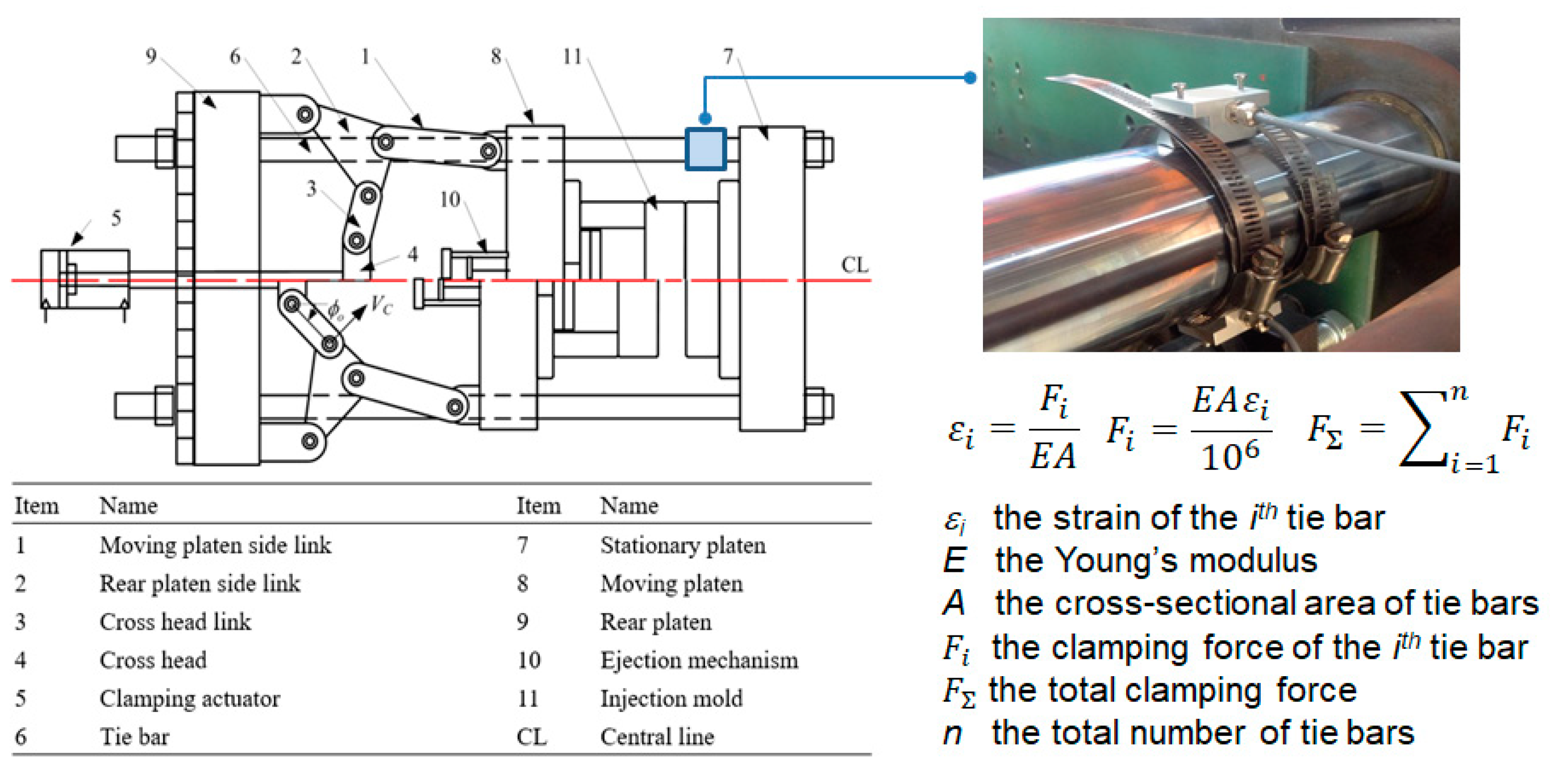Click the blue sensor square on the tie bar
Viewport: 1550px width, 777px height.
[705, 149]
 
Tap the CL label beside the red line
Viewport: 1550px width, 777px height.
[854, 265]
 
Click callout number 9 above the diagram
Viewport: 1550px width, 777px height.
[151, 56]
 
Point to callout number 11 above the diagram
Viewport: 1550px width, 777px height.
[571, 57]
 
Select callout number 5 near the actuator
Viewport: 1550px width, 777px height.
[116, 218]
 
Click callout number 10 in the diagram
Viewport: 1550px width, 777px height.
[449, 200]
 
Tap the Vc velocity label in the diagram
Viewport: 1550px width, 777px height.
[381, 305]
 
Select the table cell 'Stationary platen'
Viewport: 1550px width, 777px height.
[683, 545]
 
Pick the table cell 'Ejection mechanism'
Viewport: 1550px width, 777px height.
[699, 660]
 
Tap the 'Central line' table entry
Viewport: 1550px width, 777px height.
[657, 737]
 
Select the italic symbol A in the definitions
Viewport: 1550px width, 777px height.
[954, 603]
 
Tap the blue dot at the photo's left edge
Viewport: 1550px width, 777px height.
[970, 78]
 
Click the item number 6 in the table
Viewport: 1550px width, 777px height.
[20, 737]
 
